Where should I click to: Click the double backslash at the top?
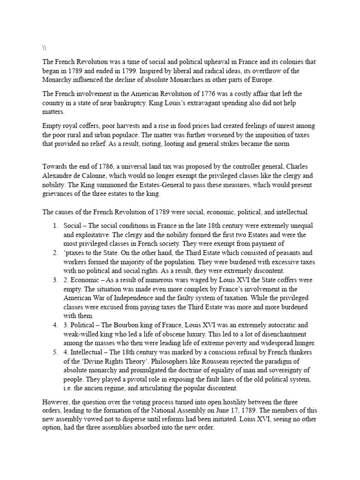45,48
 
